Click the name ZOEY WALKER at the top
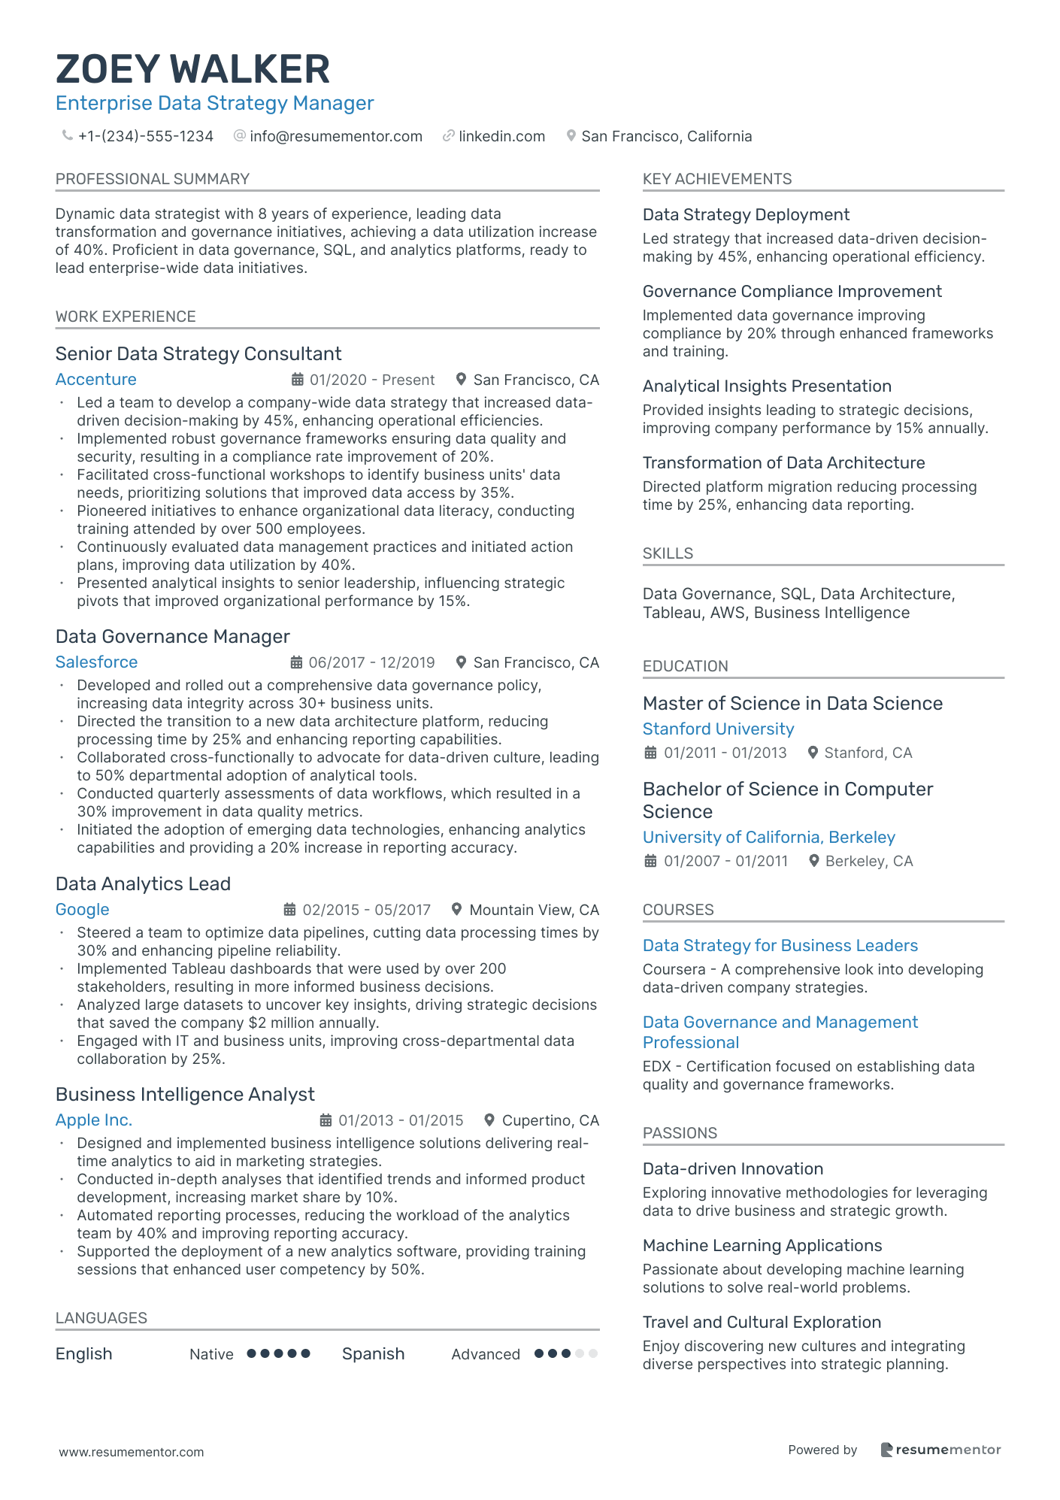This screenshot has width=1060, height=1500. [x=192, y=69]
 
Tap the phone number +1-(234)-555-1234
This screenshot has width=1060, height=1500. [x=146, y=136]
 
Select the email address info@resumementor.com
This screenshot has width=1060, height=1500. [x=336, y=136]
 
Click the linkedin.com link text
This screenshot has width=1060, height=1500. [x=501, y=136]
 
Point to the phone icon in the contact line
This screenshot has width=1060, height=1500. [x=68, y=135]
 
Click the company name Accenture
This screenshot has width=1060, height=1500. [x=96, y=380]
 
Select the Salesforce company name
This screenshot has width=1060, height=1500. [x=97, y=662]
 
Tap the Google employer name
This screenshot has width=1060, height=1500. [x=83, y=910]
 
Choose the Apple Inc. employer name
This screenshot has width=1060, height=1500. [x=94, y=1120]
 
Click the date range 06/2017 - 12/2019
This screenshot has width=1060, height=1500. [x=371, y=662]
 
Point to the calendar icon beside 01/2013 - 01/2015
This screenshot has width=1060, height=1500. [x=326, y=1120]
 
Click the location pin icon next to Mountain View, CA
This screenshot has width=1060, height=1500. [x=456, y=909]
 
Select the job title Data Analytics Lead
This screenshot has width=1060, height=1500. [x=143, y=884]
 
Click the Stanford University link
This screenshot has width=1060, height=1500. [x=718, y=729]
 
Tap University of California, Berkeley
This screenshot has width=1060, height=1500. [x=768, y=838]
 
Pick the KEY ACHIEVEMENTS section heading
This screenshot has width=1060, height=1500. [x=717, y=179]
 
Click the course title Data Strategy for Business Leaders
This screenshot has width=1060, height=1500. [x=780, y=946]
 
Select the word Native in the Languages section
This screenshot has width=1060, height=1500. [x=211, y=1354]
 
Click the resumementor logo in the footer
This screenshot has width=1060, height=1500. [x=940, y=1450]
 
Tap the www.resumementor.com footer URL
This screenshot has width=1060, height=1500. [x=132, y=1452]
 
